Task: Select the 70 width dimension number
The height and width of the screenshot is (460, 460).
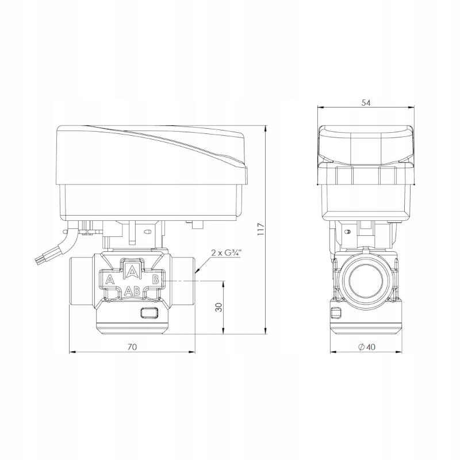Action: tap(132, 347)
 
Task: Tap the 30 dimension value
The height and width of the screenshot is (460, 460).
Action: tap(218, 307)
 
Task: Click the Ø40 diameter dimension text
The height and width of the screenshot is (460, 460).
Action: tap(366, 347)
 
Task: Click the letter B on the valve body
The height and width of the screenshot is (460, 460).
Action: tap(155, 280)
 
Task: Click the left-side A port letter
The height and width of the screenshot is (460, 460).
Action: tap(109, 280)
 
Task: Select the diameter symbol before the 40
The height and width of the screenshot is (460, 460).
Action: tap(360, 347)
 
